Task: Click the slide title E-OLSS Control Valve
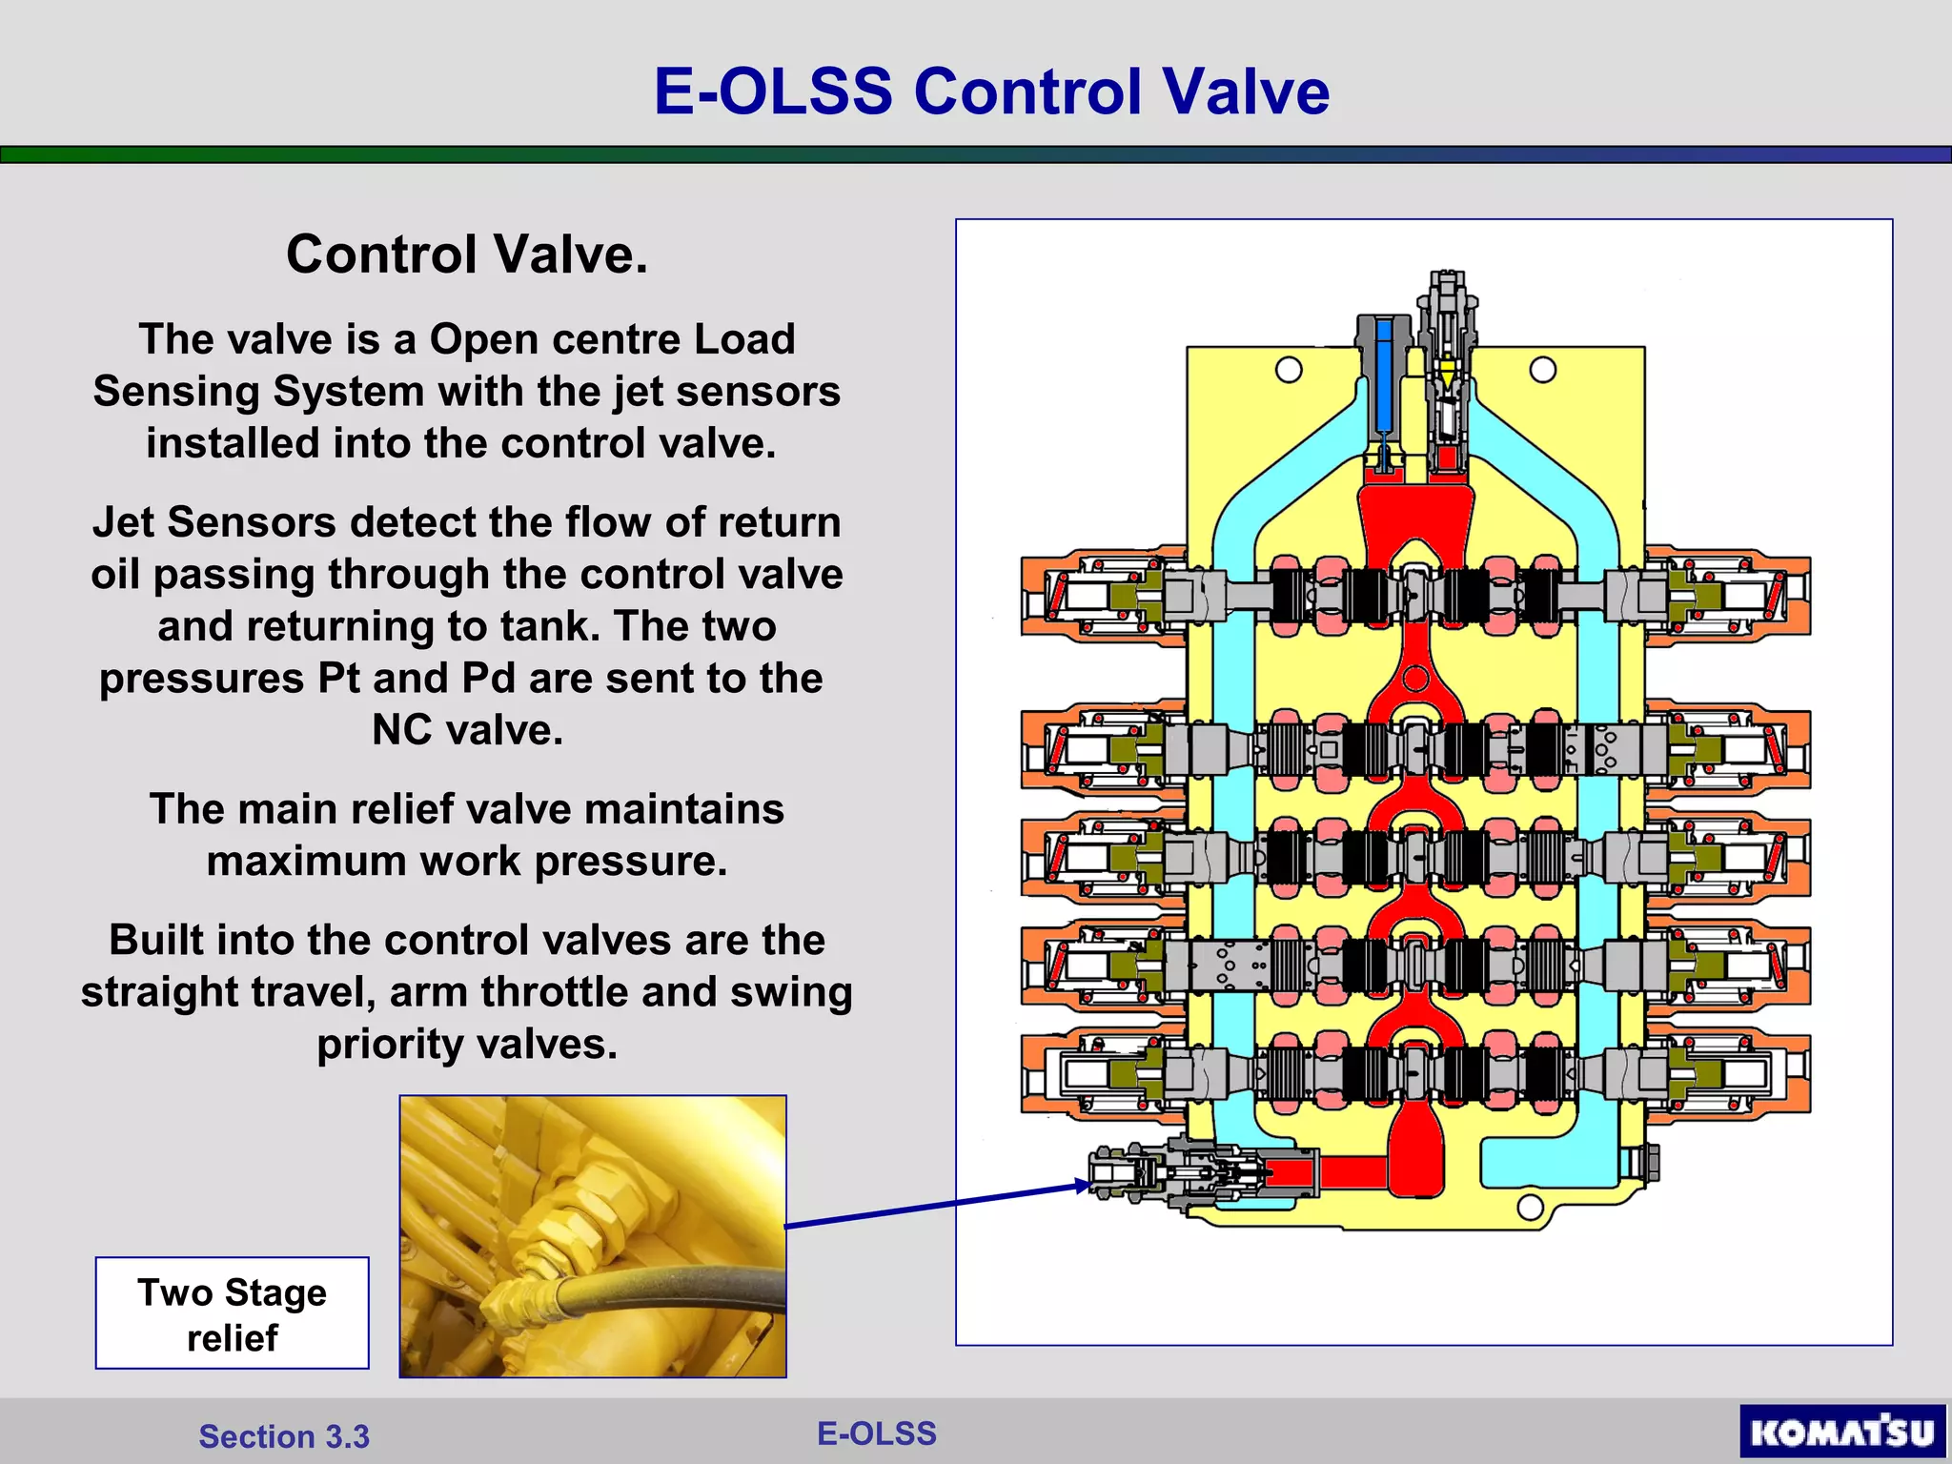[991, 91]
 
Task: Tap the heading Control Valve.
[467, 254]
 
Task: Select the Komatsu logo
[1841, 1431]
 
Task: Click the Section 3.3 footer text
[284, 1436]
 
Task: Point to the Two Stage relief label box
[232, 1313]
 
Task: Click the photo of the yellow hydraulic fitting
[593, 1236]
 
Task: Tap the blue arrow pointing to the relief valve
[939, 1207]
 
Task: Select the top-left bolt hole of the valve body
[1289, 370]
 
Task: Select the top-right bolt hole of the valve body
[1542, 370]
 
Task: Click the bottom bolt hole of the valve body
[1530, 1208]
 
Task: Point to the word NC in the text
[403, 730]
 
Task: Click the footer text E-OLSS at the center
[877, 1433]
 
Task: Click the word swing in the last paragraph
[790, 992]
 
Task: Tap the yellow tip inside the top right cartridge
[1448, 373]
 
